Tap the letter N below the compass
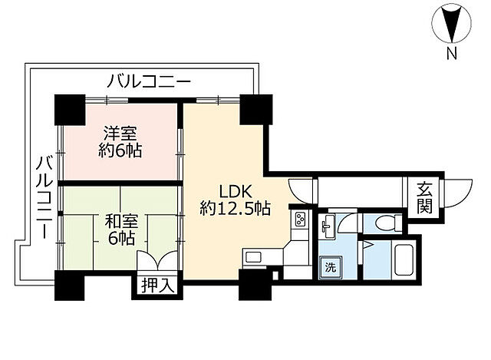pos(452,54)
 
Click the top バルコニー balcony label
pos(148,81)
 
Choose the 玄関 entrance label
pos(423,197)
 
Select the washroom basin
pos(328,223)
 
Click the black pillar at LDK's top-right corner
pos(253,109)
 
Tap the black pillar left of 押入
pos(69,286)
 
